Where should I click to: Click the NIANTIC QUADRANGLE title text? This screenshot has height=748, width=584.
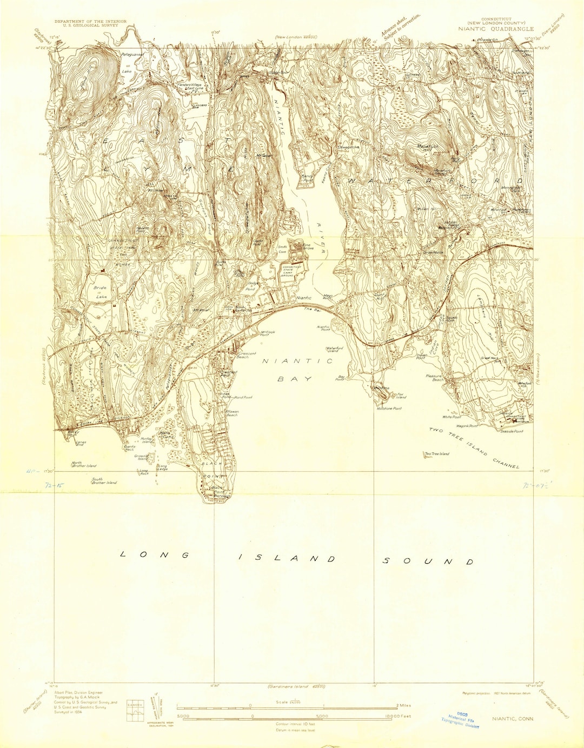coord(496,29)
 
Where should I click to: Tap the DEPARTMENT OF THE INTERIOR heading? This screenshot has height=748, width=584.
coord(90,22)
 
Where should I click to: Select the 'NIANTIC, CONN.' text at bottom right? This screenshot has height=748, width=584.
coord(513,719)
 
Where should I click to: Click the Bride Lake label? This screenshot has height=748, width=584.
coord(101,292)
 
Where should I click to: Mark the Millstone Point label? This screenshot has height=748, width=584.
coord(389,409)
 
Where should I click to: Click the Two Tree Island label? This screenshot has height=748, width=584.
coord(436,454)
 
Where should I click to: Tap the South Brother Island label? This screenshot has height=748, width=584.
coord(104,480)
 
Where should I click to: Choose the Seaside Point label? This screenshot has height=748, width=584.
coord(511,431)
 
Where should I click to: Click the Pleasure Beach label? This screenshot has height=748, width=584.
coord(434,377)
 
